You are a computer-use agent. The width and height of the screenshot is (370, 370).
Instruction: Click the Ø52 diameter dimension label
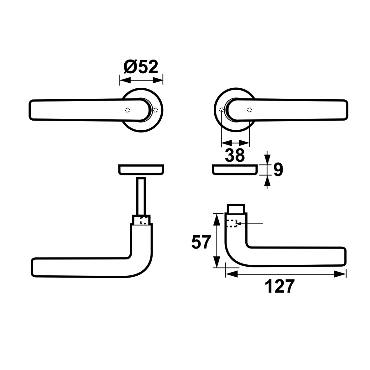(x=141, y=67)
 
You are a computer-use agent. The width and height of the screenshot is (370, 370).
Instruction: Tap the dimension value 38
(x=235, y=155)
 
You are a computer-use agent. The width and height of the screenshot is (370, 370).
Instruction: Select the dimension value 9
(x=278, y=169)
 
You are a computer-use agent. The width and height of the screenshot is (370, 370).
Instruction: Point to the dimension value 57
(x=201, y=242)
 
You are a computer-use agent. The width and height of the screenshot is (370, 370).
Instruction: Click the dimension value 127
(x=280, y=286)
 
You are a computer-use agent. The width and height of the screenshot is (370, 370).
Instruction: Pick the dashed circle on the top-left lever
(x=128, y=110)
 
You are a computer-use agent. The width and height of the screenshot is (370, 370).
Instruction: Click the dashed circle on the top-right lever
(x=249, y=110)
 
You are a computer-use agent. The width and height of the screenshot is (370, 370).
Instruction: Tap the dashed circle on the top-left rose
(x=155, y=110)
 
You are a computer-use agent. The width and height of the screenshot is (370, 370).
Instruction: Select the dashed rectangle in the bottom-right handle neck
(x=232, y=223)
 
